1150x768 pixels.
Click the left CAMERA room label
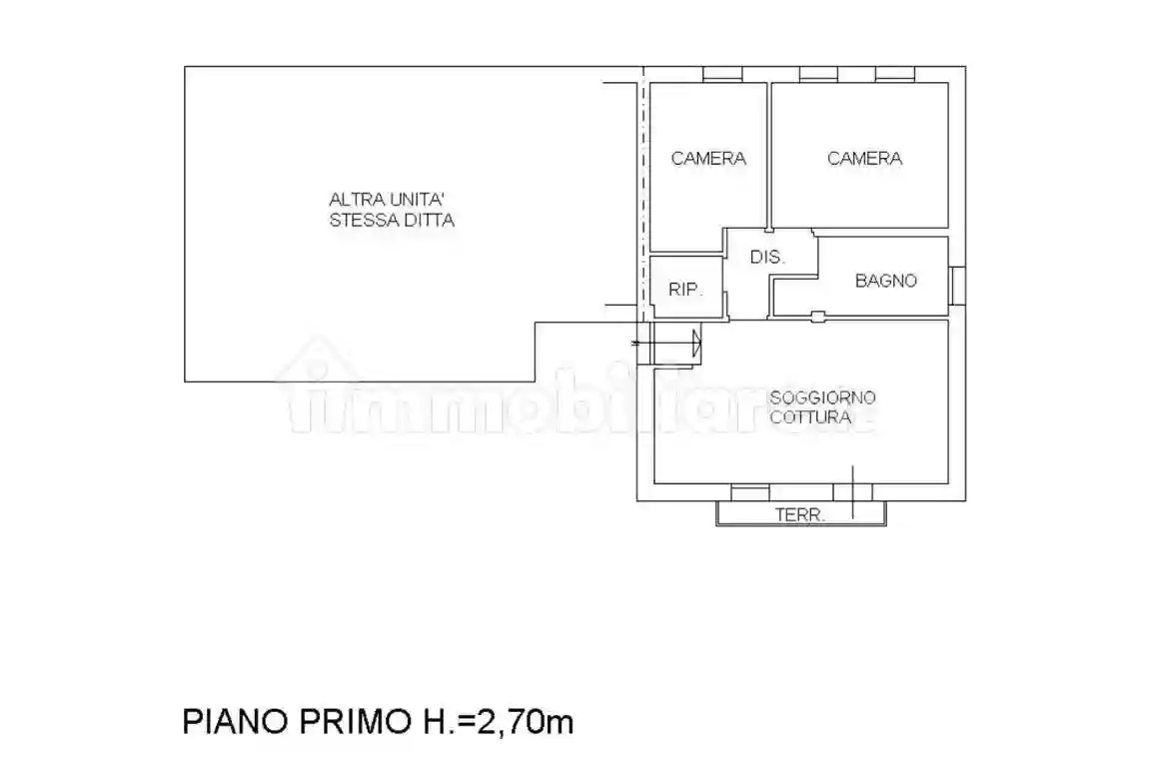click(708, 159)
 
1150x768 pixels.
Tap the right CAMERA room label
click(864, 159)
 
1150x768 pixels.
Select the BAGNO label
click(885, 281)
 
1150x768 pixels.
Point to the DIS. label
click(768, 257)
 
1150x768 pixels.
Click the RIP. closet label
click(685, 291)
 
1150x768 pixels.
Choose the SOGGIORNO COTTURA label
click(822, 407)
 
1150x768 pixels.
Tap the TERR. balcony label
click(800, 516)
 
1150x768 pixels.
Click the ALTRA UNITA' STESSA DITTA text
click(392, 210)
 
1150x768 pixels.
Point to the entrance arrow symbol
click(695, 344)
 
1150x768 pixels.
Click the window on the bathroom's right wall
click(957, 284)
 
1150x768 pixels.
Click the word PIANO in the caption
click(233, 721)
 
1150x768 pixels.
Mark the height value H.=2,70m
click(497, 721)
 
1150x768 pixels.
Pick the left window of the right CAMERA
click(818, 74)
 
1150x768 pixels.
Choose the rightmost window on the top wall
click(895, 74)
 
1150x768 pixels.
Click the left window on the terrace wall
click(749, 492)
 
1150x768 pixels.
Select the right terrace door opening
click(852, 492)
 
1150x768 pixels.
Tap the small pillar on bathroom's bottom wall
click(817, 317)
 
